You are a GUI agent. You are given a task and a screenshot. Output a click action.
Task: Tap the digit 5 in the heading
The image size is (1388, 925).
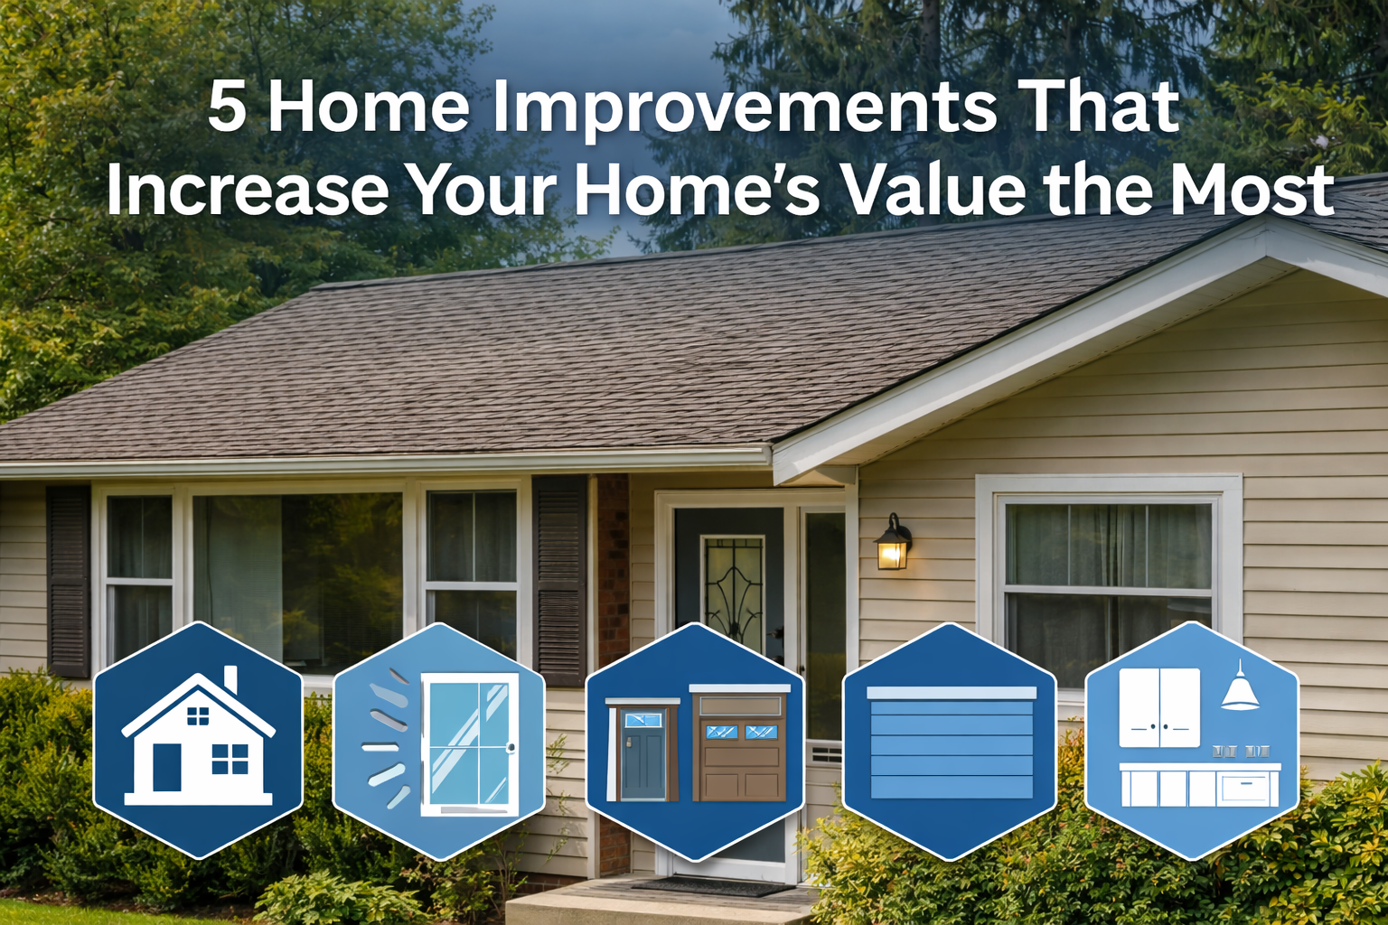(x=227, y=108)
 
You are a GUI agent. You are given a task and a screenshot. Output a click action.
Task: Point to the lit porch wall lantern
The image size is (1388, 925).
(x=893, y=544)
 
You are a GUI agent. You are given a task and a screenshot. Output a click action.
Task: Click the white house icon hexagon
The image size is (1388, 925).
(x=198, y=741)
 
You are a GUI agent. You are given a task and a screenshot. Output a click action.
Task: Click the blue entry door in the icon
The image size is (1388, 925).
(x=643, y=753)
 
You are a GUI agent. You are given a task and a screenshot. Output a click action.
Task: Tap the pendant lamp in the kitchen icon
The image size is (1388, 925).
(x=1240, y=688)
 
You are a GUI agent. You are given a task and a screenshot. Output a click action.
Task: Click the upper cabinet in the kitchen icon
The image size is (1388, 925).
(x=1159, y=707)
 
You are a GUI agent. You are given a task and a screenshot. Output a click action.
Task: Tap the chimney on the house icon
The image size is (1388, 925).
(x=230, y=679)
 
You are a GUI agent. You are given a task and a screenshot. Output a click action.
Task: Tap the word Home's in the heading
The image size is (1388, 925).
(x=697, y=190)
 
